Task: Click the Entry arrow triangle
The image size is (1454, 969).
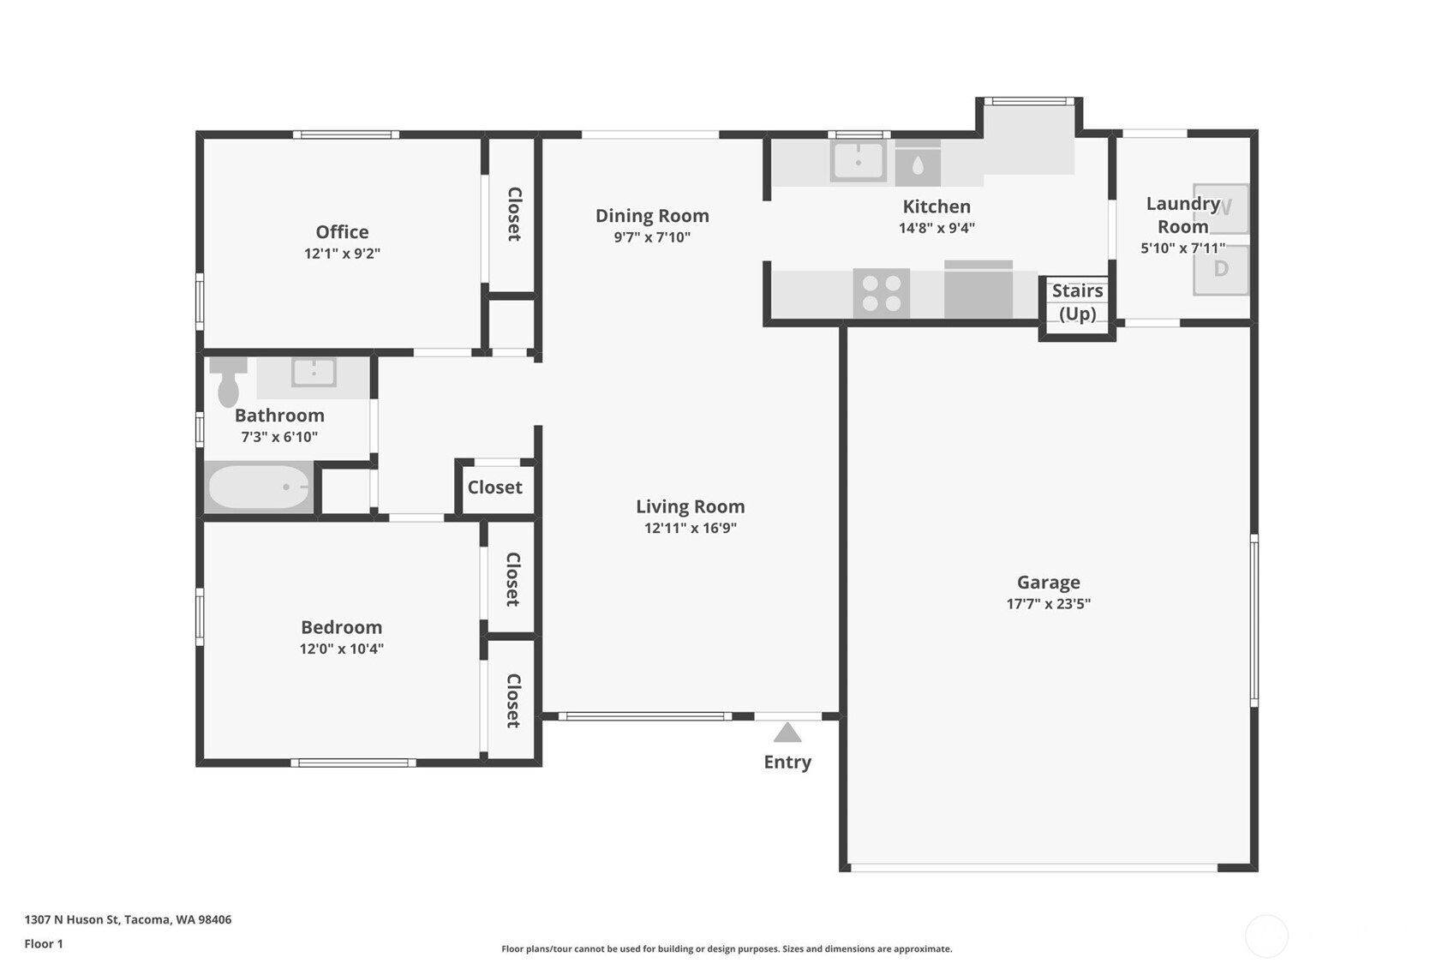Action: point(787,733)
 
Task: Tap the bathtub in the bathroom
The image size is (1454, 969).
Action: point(259,487)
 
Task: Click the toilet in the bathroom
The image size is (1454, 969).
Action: point(228,383)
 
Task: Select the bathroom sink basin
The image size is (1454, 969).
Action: point(314,373)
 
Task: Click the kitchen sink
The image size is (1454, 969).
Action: point(858,161)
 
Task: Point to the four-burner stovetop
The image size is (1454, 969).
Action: point(881,292)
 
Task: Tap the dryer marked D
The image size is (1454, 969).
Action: point(1220,269)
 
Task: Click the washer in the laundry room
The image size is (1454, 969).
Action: point(1221,208)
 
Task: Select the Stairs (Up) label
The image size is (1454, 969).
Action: point(1077,302)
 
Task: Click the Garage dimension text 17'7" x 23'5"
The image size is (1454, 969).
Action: point(1048,604)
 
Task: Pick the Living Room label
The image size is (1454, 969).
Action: point(690,506)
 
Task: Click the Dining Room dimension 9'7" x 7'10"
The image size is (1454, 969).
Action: point(651,237)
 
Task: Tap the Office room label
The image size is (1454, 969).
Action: point(342,231)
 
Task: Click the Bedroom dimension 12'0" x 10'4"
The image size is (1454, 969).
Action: point(341,649)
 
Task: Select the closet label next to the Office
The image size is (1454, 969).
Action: point(513,214)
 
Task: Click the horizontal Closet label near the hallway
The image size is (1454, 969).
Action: point(494,487)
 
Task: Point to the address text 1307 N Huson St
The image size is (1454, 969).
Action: point(128,919)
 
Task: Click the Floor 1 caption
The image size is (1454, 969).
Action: point(44,943)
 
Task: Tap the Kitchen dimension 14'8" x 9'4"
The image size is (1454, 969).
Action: point(936,228)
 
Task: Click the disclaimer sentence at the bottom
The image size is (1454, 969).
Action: point(727,948)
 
